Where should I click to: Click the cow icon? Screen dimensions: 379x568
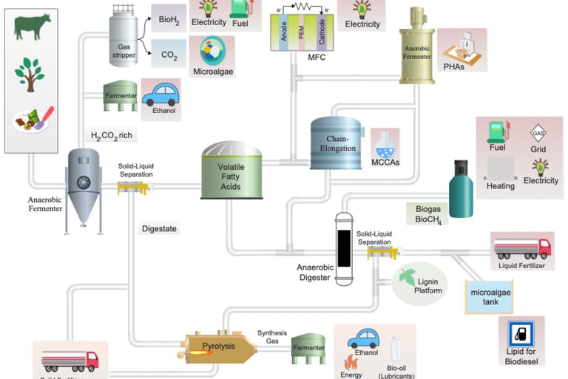click(x=32, y=27)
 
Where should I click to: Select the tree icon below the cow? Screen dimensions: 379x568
click(x=30, y=75)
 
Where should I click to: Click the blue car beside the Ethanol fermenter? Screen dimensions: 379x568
click(x=160, y=95)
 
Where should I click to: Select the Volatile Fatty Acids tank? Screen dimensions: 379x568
click(x=231, y=171)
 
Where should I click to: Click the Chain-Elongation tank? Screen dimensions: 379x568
click(x=337, y=144)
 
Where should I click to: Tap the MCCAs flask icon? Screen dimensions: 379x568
click(x=385, y=143)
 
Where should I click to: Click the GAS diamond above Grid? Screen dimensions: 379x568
click(x=538, y=134)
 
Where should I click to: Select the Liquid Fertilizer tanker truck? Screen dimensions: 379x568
click(x=522, y=247)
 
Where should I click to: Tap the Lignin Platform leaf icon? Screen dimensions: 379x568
click(x=408, y=277)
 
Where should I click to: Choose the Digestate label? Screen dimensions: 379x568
click(x=159, y=229)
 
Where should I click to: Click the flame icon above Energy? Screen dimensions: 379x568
click(x=351, y=362)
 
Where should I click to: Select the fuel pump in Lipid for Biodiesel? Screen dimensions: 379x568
click(x=521, y=332)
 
